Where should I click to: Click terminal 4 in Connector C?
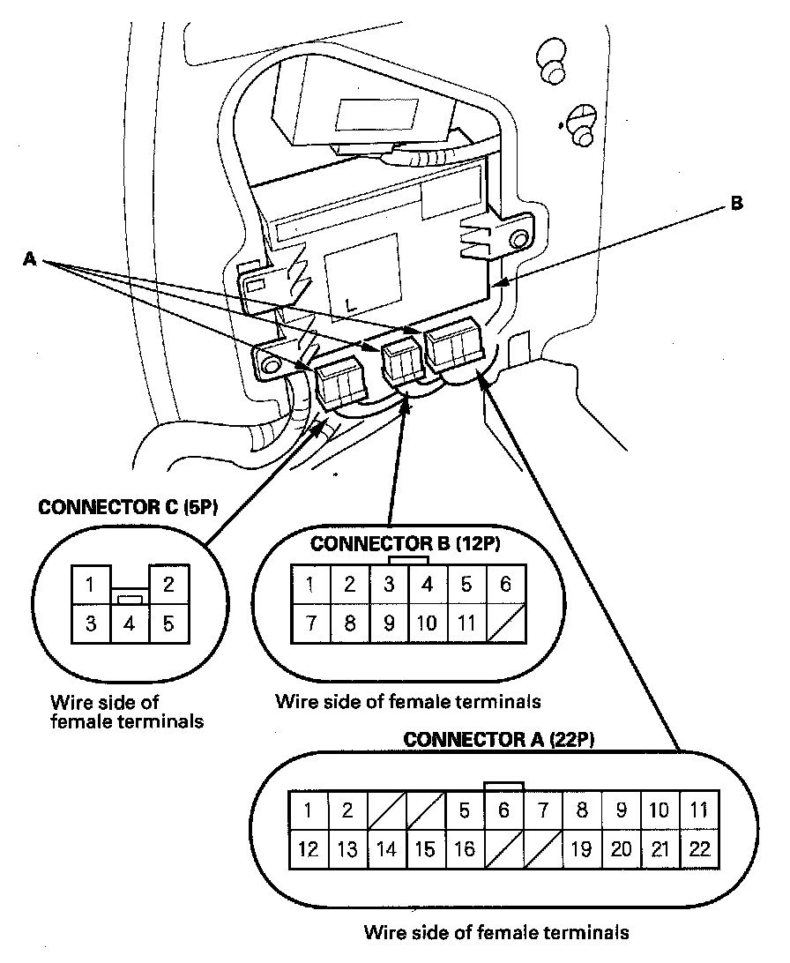pos(129,624)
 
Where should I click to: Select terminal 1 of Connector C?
pos(91,585)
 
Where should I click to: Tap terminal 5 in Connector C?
pos(168,624)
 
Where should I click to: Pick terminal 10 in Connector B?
pos(427,623)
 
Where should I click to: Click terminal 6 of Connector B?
pos(505,584)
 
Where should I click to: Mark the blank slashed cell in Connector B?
pos(505,623)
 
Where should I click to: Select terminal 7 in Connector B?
pos(310,623)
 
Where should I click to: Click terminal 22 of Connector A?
pos(699,849)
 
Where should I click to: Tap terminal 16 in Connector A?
pos(465,849)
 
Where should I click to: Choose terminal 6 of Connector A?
pos(503,810)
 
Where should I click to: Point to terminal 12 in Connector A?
pos(309,849)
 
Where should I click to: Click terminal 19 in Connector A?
pos(582,849)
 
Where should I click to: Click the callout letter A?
pos(30,258)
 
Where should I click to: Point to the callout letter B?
pos(736,204)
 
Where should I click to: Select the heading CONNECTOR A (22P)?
pos(499,739)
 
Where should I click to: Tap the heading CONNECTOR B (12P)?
pos(406,543)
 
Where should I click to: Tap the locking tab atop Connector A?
pos(503,786)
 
